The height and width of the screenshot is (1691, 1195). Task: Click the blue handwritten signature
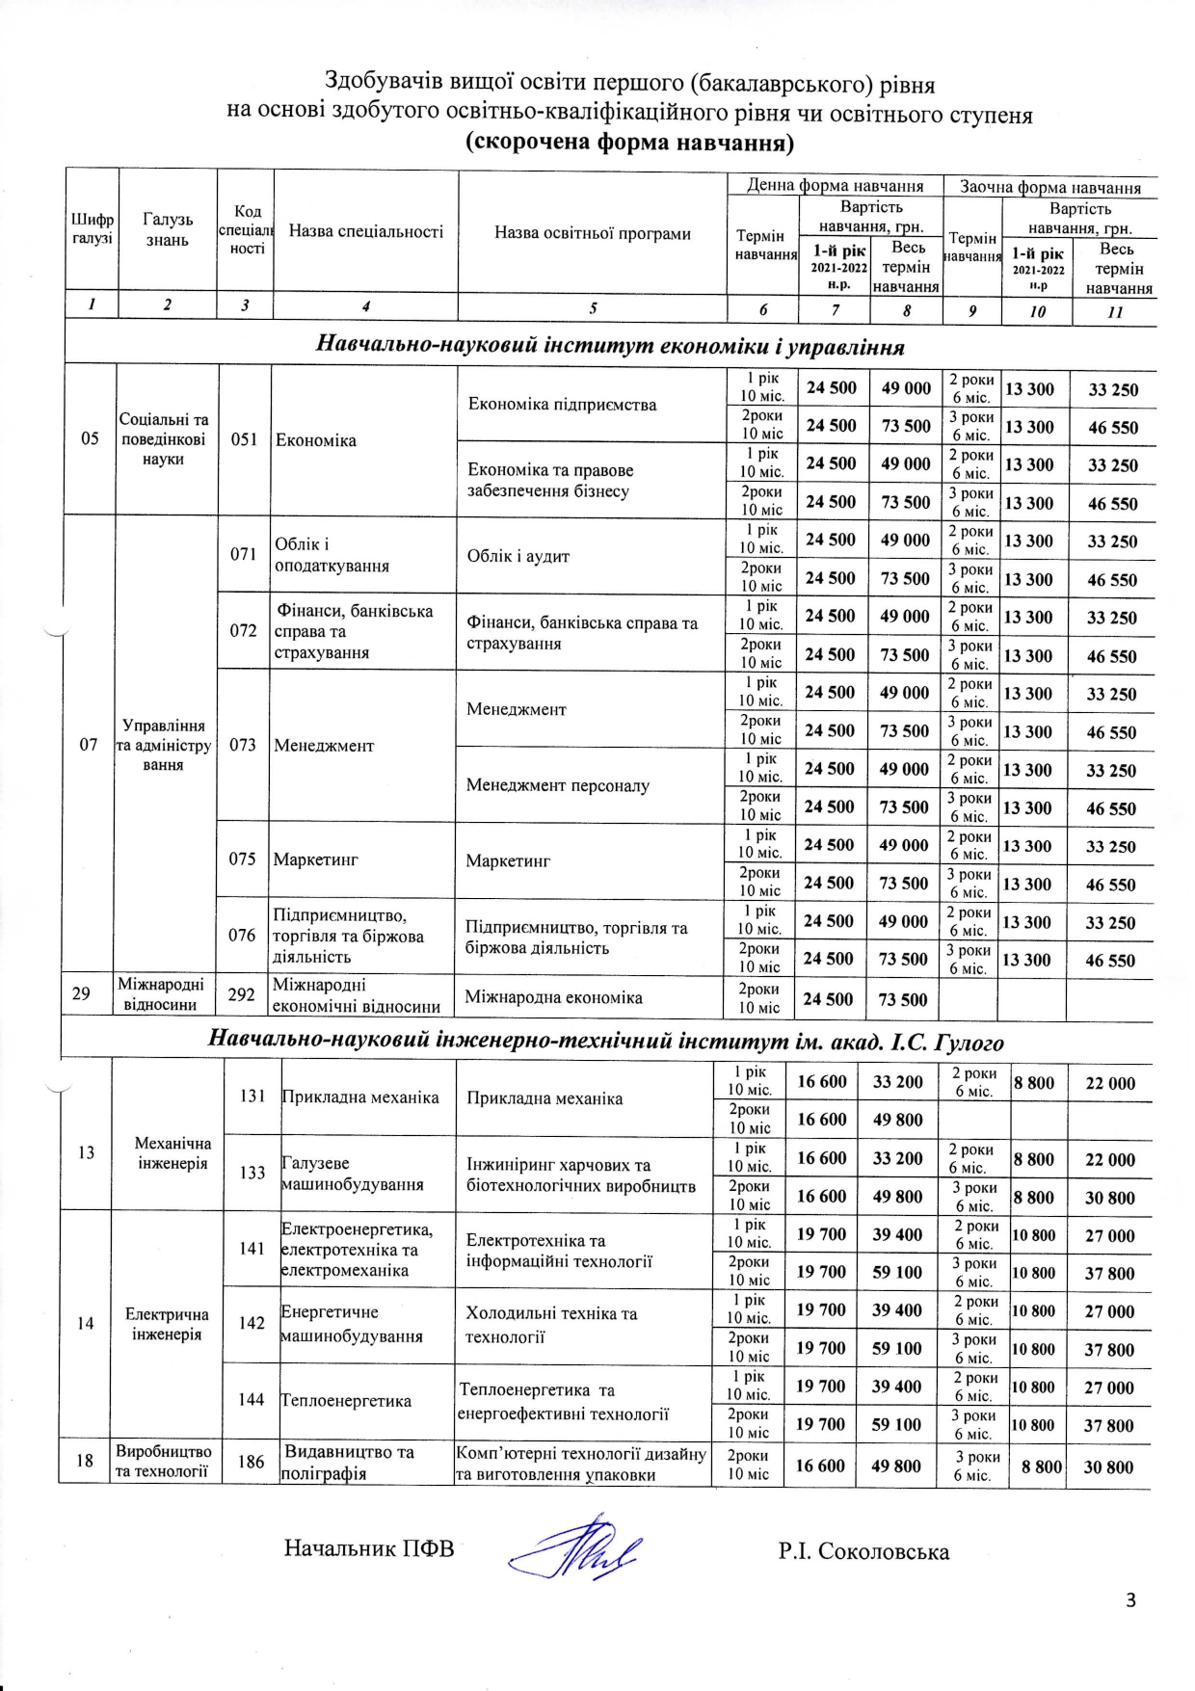576,1548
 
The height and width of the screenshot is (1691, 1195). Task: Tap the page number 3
1130,1600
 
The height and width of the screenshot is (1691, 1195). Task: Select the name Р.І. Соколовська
863,1551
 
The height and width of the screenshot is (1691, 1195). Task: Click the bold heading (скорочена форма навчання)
629,144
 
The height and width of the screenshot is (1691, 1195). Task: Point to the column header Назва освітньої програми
592,233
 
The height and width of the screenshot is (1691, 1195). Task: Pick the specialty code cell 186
251,1462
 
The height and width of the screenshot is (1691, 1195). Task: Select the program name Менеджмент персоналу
558,785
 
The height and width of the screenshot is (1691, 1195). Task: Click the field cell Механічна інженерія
173,1153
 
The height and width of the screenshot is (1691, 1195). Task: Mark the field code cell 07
89,745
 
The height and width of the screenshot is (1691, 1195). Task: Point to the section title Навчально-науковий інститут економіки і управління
610,346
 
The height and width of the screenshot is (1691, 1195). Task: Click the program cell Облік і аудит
518,556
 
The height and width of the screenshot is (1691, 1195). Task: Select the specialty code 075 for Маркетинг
242,859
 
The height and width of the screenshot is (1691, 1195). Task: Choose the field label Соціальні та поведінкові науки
164,439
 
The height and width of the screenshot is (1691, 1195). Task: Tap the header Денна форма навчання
835,186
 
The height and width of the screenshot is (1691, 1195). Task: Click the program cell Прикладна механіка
544,1098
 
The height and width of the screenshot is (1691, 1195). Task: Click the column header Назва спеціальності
366,231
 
